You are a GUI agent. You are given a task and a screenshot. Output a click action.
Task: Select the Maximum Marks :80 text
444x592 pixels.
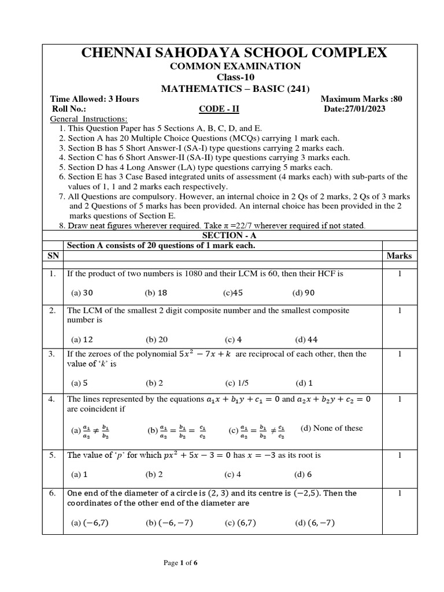(x=361, y=99)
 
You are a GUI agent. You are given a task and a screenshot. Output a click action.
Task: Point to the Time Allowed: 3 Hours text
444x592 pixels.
(x=95, y=99)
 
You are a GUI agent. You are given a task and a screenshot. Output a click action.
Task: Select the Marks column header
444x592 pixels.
(x=399, y=256)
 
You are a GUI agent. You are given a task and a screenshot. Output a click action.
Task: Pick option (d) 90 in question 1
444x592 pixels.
(x=304, y=293)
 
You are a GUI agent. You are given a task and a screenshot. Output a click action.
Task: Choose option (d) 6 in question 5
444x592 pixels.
(x=304, y=475)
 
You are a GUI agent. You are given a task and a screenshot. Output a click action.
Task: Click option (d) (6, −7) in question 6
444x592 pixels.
(x=314, y=523)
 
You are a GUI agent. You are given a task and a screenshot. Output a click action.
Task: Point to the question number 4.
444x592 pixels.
(x=52, y=399)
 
